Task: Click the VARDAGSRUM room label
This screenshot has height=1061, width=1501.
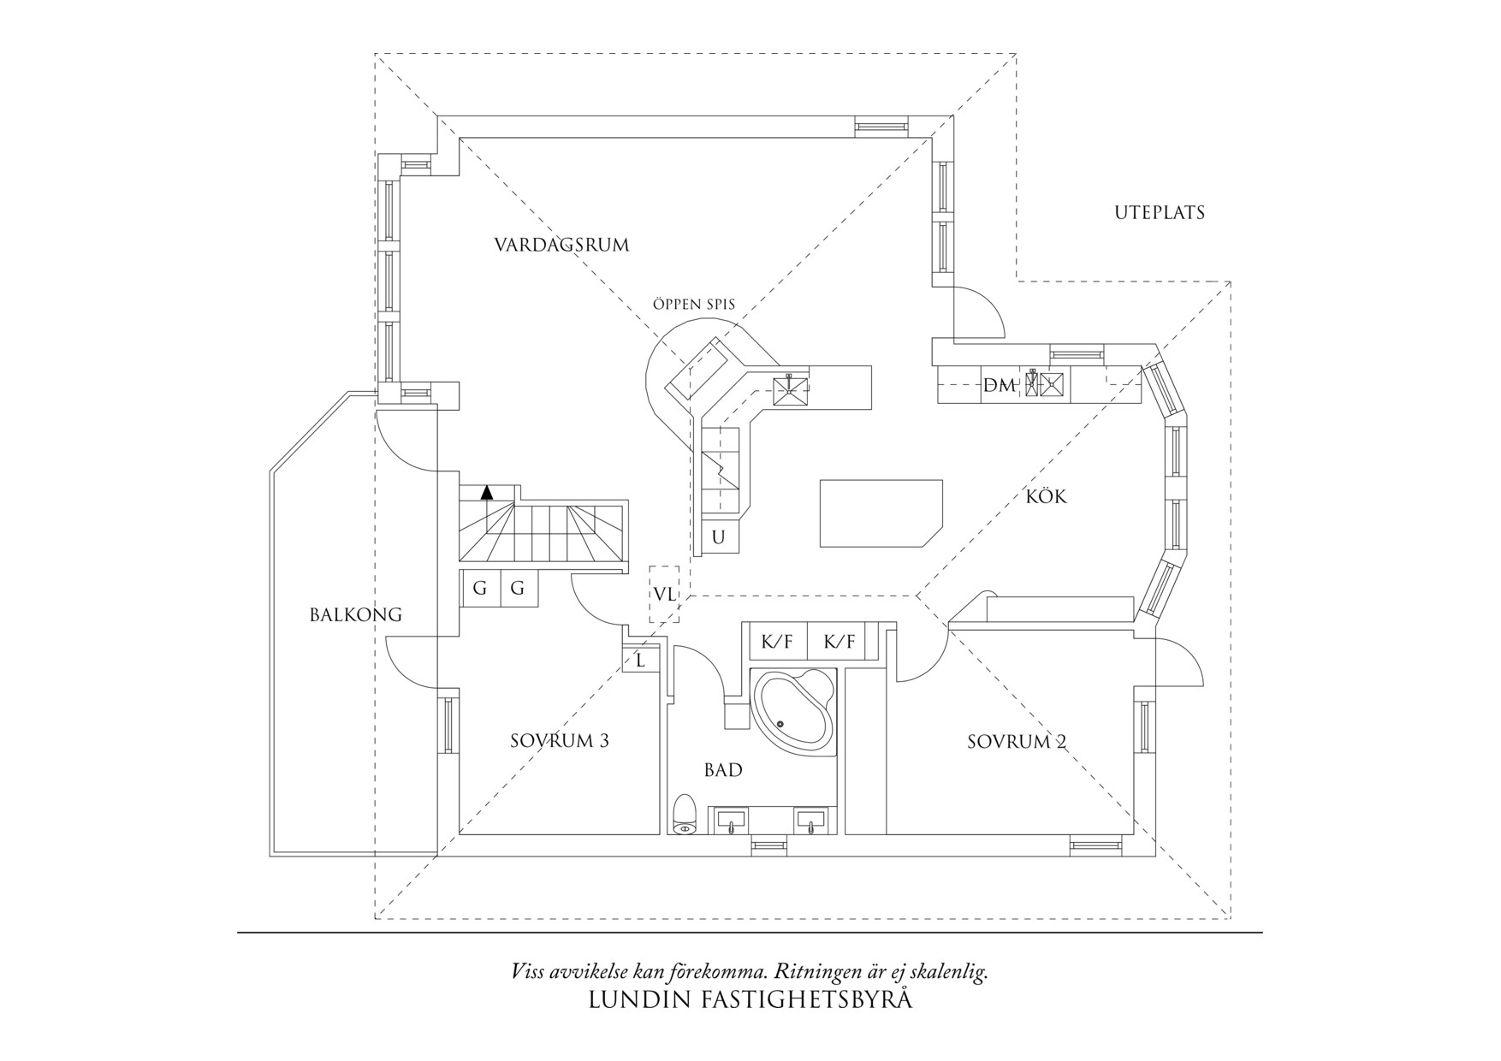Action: coord(561,246)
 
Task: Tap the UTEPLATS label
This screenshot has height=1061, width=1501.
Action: coord(1160,213)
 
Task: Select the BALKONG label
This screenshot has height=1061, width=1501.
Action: coord(356,614)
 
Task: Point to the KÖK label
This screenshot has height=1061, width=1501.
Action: coord(1047,496)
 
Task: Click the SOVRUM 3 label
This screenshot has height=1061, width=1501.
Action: coord(560,741)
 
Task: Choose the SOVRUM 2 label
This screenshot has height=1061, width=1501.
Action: coord(1017,742)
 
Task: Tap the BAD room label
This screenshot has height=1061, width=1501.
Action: coord(723,770)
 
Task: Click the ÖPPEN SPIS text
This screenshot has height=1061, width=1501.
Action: coord(693,304)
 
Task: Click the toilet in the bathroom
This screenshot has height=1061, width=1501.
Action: coord(685,815)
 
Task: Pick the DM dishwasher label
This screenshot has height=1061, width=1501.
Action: coord(999,386)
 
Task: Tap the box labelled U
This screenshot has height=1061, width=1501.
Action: coord(719,537)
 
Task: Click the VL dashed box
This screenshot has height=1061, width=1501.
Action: coord(664,594)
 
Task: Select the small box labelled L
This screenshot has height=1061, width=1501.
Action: coord(640,660)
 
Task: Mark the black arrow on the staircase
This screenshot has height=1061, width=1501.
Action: coord(488,492)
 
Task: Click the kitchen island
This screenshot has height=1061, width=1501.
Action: coord(881,513)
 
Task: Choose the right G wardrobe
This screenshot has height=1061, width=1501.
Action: coord(518,589)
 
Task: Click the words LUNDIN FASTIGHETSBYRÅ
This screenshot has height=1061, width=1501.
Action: coord(750,1000)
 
